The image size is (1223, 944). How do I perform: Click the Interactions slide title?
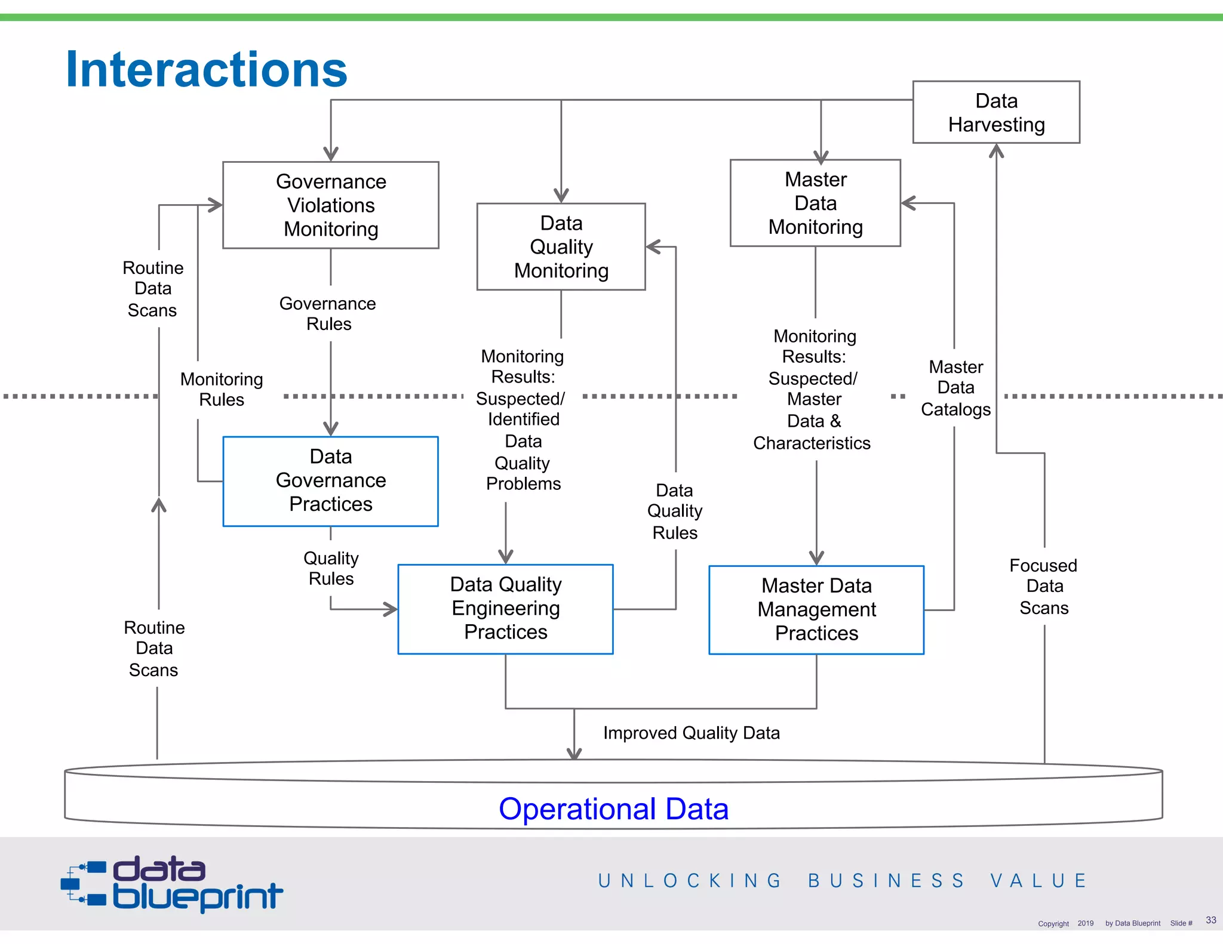206,70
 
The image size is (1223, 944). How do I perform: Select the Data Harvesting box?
996,112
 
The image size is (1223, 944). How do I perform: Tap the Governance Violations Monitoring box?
331,205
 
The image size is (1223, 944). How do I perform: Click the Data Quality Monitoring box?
561,246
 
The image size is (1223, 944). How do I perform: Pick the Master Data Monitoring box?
815,203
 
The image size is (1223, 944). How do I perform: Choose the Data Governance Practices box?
330,481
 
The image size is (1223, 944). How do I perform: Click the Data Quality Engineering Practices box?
505,609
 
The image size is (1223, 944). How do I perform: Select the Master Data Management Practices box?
816,610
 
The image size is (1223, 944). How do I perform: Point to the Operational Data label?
613,809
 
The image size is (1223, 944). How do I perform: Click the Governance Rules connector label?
328,314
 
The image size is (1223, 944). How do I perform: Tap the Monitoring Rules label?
222,389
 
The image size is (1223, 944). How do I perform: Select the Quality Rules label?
331,569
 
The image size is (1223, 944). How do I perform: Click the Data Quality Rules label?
675,511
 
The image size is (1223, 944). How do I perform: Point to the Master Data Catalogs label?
955,388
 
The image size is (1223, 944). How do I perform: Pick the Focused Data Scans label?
1044,587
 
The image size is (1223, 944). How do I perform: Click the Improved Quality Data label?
691,733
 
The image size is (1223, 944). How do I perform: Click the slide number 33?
1210,920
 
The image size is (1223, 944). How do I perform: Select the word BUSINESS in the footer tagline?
886,881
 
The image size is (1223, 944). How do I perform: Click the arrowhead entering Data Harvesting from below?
996,151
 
